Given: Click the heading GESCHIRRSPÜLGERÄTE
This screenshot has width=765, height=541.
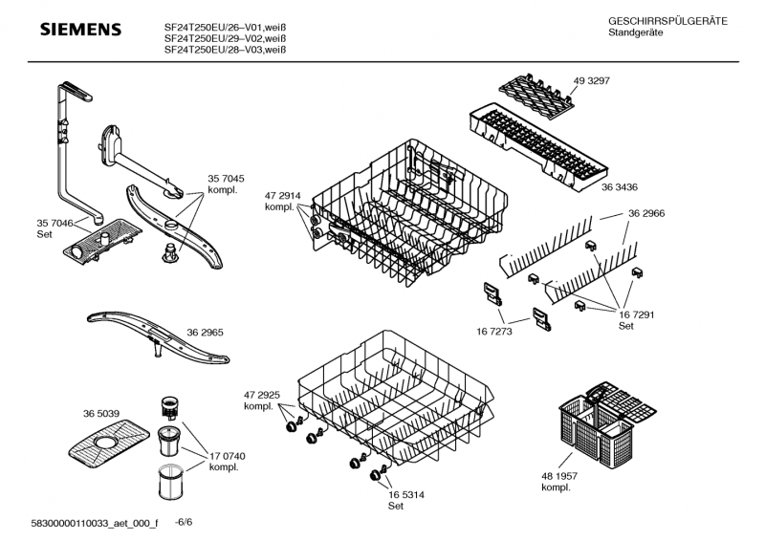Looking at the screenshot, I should pyautogui.click(x=667, y=21).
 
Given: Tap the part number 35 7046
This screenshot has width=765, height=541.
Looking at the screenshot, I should pyautogui.click(x=55, y=223).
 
